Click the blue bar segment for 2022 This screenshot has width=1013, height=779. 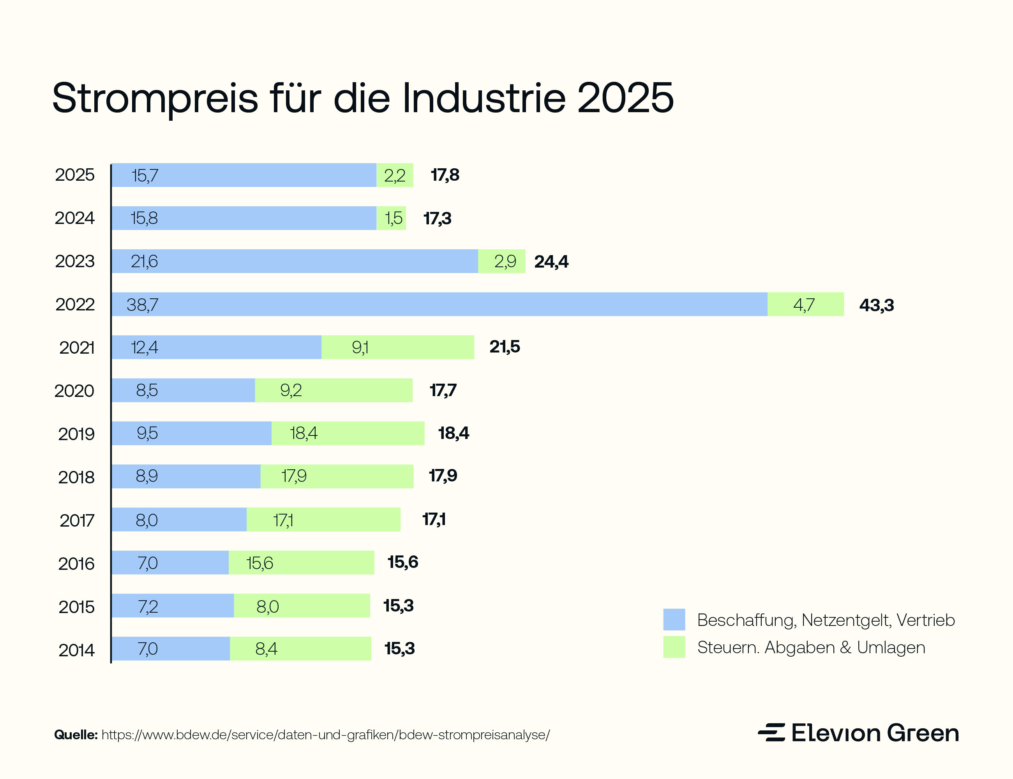[439, 304]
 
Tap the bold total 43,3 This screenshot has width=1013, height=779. [876, 305]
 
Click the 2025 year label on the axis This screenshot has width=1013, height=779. [75, 175]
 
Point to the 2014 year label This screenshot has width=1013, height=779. [76, 650]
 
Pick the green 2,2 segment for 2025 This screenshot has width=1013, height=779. [395, 175]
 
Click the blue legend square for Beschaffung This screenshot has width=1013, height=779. [674, 619]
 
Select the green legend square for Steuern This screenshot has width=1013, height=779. [674, 647]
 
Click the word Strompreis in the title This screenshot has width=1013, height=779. [155, 98]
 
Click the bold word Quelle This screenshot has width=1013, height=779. [76, 735]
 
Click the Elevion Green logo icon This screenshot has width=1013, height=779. [771, 732]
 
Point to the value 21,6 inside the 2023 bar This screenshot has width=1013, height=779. [144, 261]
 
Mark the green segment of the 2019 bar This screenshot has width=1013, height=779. [348, 433]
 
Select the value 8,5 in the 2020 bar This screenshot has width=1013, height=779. [146, 390]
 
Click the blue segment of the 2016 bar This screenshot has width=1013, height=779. [170, 562]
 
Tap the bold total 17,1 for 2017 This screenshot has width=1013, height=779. [434, 519]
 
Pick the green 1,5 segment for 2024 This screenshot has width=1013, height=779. [392, 218]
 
